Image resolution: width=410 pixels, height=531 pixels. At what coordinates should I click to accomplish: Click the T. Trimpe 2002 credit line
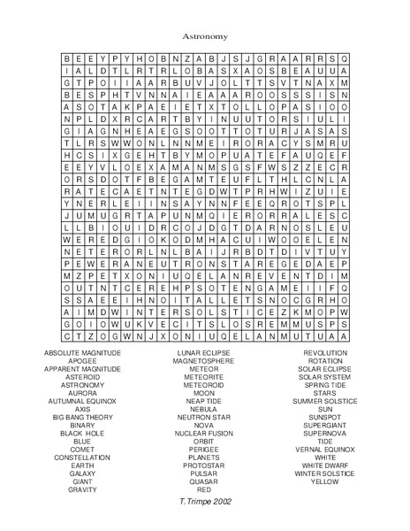[x=204, y=501]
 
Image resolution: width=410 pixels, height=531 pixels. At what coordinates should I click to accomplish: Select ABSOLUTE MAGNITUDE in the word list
[x=82, y=352]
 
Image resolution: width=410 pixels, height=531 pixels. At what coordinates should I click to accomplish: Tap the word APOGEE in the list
[x=82, y=361]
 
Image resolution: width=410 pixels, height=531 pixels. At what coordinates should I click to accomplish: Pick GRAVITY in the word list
[x=82, y=489]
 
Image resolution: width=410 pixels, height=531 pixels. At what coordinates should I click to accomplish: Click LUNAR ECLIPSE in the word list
[x=204, y=352]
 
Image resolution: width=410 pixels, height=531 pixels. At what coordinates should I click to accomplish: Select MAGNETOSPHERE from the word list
[x=204, y=361]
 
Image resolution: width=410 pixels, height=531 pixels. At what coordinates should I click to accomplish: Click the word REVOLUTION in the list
[x=325, y=352]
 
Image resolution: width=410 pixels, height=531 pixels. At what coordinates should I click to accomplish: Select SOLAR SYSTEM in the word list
[x=325, y=376]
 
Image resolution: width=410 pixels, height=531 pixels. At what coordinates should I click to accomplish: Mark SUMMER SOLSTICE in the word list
[x=325, y=401]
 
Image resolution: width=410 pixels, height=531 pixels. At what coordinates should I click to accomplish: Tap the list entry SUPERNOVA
[x=325, y=433]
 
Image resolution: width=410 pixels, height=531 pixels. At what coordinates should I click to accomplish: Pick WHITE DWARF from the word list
[x=325, y=465]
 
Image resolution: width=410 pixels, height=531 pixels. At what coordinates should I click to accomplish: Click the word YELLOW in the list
[x=325, y=481]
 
